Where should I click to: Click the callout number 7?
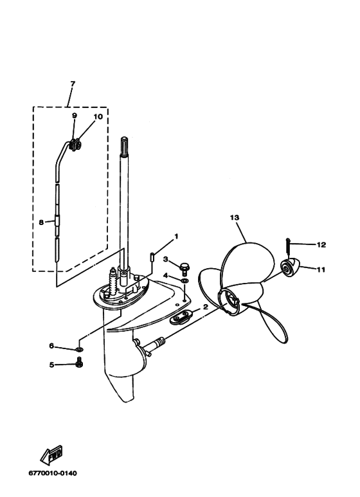(73, 84)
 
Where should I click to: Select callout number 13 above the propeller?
(235, 218)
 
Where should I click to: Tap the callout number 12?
(321, 245)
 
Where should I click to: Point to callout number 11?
(321, 269)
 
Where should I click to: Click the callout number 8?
(41, 222)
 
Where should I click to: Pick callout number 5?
(51, 365)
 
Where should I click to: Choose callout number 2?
(205, 307)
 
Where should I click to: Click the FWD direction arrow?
(51, 454)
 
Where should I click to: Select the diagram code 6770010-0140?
(53, 473)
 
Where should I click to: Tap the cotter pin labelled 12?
(288, 246)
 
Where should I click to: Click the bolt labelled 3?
(184, 269)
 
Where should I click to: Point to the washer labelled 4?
(184, 280)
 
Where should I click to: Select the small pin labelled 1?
(152, 257)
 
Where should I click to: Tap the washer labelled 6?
(79, 350)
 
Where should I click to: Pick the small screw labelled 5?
(79, 361)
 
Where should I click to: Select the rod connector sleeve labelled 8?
(57, 221)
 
